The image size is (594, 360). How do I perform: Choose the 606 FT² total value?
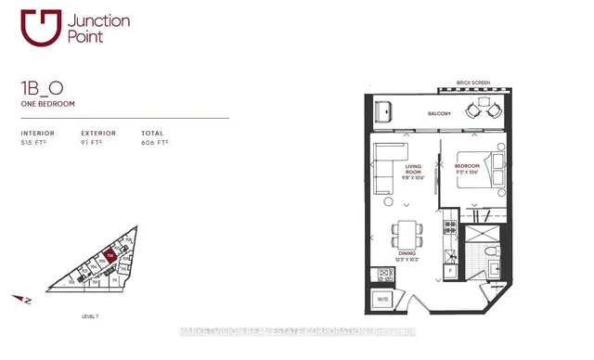[x=154, y=144]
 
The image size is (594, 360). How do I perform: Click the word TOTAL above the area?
[x=151, y=133]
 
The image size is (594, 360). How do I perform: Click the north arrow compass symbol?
[x=26, y=299]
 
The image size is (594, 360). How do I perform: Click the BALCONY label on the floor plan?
[x=439, y=114]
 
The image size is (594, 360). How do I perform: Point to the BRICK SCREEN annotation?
[x=474, y=84]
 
